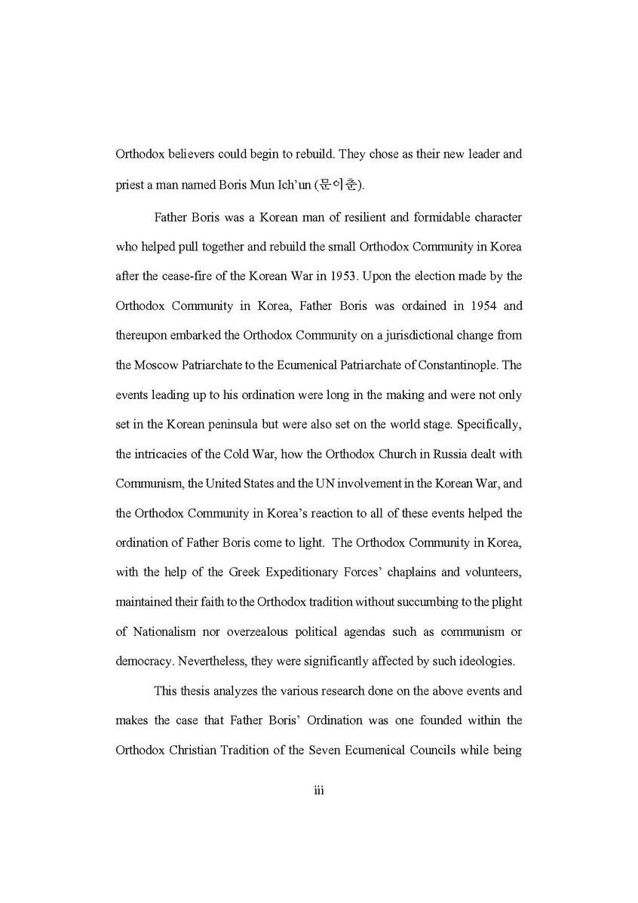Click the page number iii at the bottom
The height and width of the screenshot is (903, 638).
pos(318,791)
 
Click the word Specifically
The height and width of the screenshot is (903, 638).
pos(488,425)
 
